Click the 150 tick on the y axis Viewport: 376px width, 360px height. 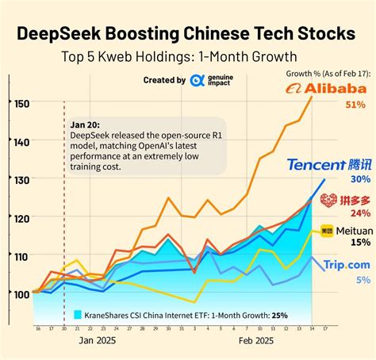(x=21, y=103)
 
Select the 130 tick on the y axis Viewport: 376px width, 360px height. (x=21, y=179)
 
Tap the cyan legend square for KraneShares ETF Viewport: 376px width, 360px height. (x=78, y=314)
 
